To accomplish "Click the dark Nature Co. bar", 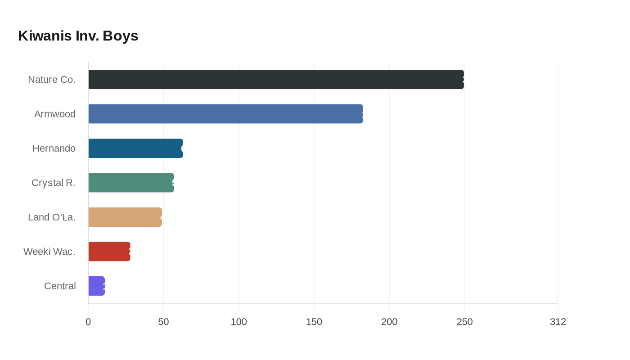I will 276,79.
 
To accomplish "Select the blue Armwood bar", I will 225,114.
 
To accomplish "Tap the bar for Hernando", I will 135,148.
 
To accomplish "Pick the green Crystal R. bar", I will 131,183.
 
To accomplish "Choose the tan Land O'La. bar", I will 125,217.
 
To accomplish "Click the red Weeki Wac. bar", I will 109,252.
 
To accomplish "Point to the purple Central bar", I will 96,286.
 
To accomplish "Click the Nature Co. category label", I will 52,80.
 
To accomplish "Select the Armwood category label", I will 55,114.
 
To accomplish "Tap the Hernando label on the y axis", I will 54,148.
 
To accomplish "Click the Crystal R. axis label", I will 54,183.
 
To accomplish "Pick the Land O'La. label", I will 52,217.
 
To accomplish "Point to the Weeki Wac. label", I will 49,252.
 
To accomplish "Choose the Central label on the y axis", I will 60,286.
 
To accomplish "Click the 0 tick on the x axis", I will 88,322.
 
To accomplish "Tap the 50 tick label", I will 163,322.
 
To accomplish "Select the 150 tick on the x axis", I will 314,322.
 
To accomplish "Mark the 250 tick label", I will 464,322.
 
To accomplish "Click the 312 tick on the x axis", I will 558,322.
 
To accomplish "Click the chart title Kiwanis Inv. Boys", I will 78,36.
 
